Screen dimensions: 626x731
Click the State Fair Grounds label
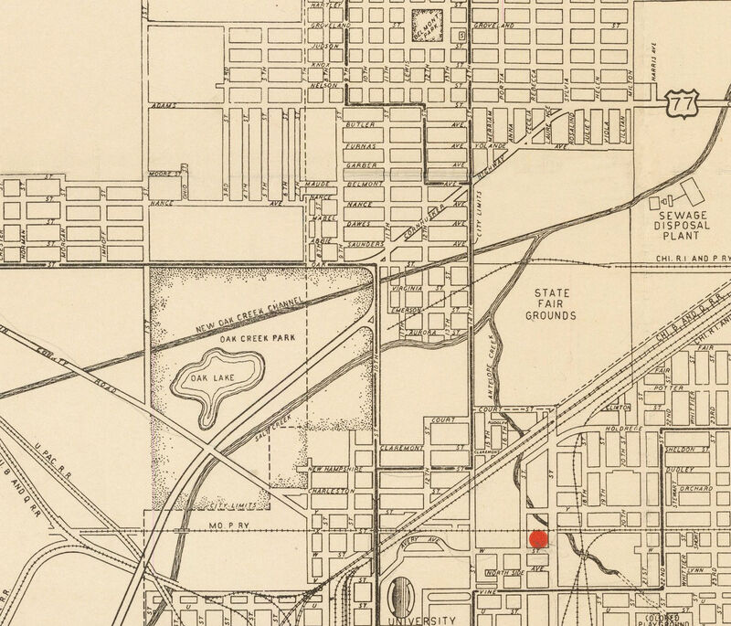[550, 304]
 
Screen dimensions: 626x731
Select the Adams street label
[165, 106]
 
